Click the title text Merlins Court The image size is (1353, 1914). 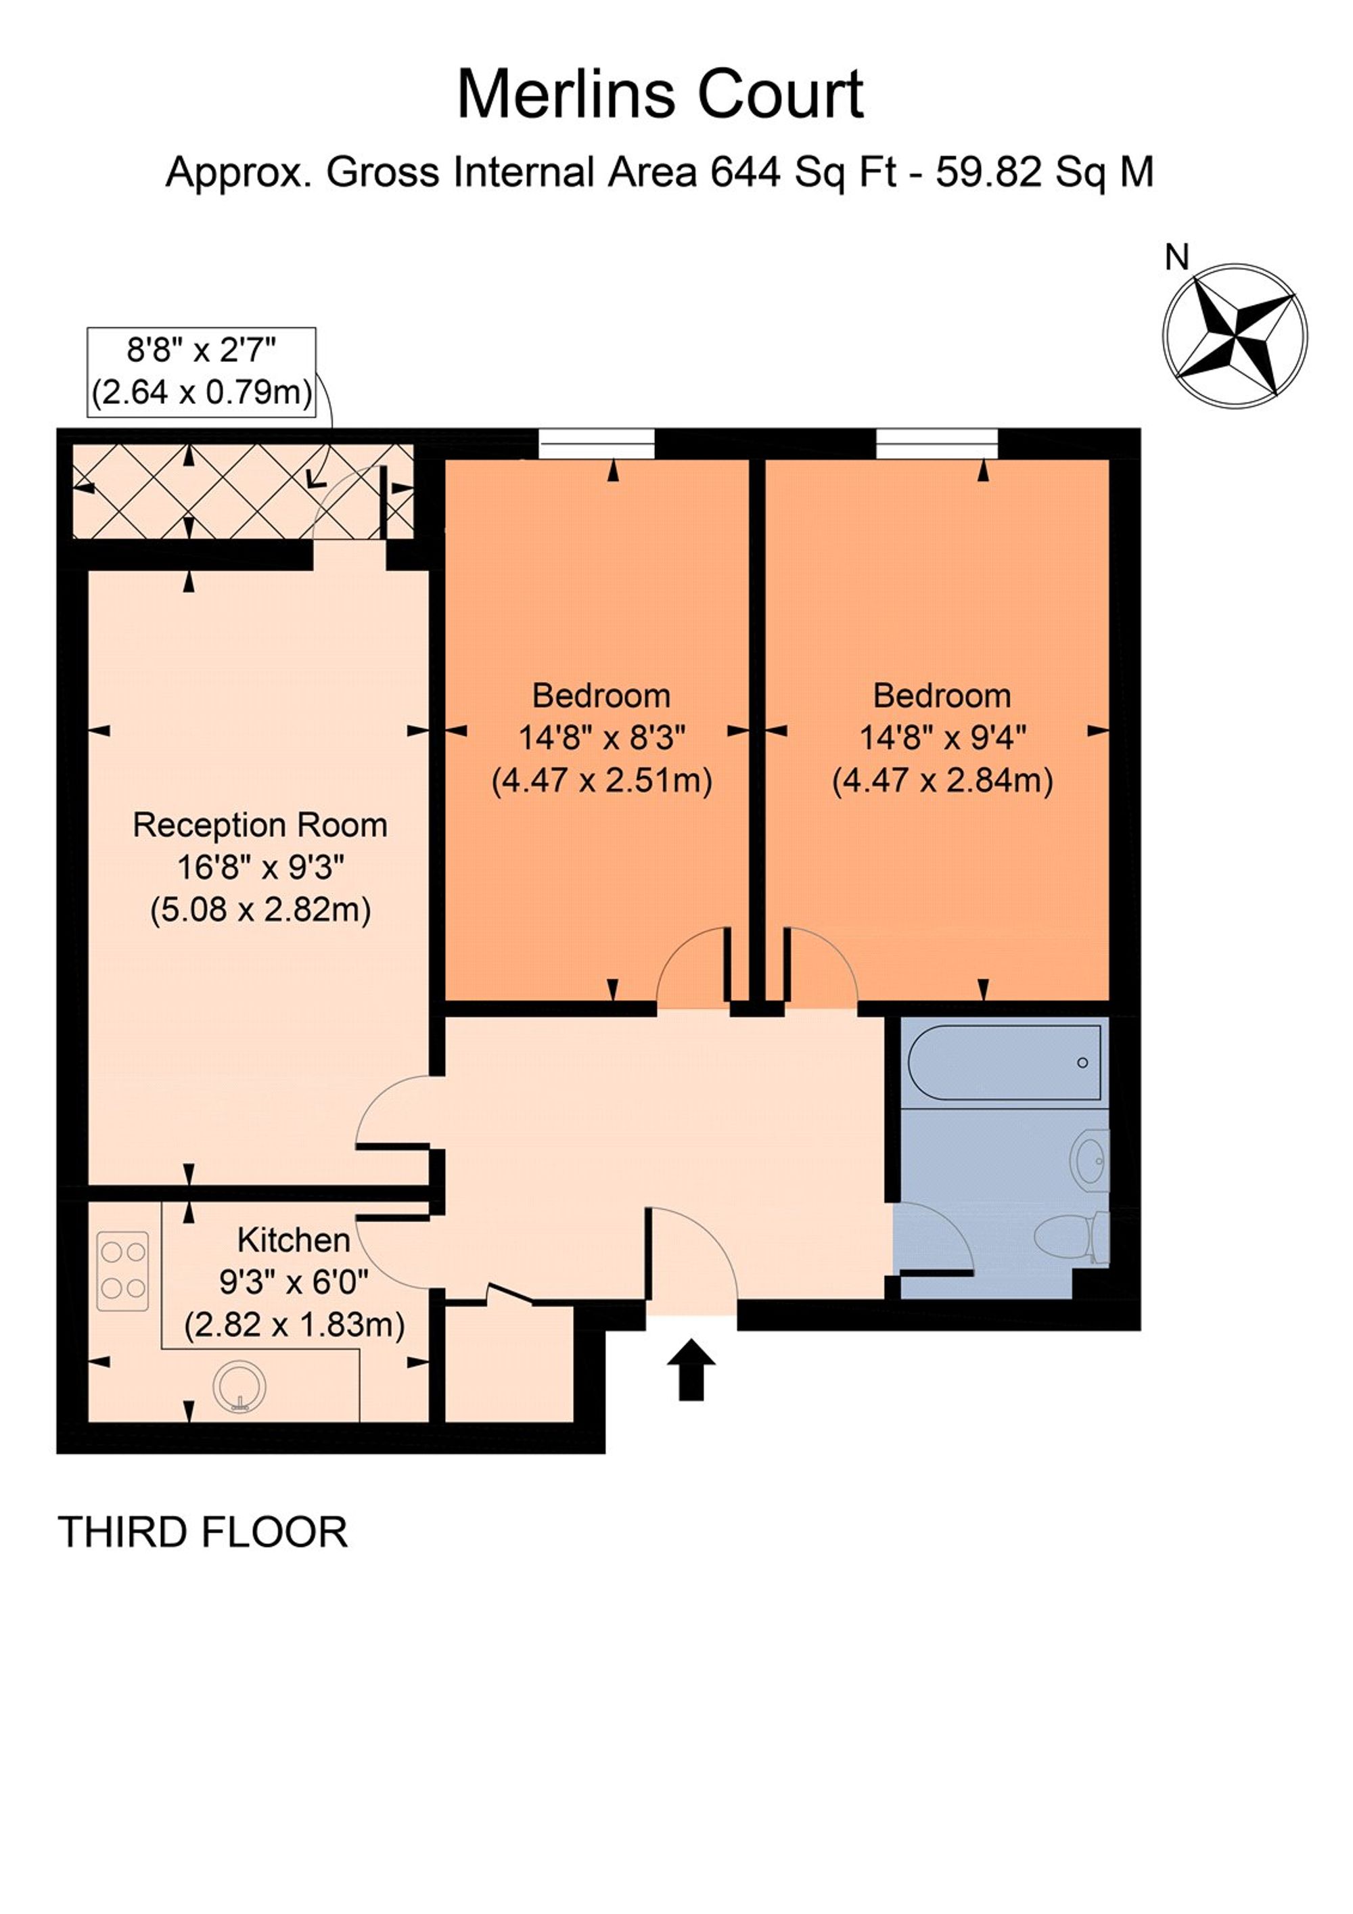tap(660, 95)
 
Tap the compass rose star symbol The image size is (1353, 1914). tap(1235, 336)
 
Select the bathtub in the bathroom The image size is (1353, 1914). tap(1005, 1062)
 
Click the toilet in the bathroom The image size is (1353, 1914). tap(1071, 1236)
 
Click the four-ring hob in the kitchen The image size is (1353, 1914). tap(123, 1271)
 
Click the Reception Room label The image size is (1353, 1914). tap(260, 825)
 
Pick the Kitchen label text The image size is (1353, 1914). tap(294, 1240)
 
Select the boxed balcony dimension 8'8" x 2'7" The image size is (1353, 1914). tap(202, 351)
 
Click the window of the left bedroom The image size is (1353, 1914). tap(596, 444)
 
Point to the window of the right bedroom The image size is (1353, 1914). tap(936, 444)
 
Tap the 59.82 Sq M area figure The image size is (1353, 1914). tap(1044, 173)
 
